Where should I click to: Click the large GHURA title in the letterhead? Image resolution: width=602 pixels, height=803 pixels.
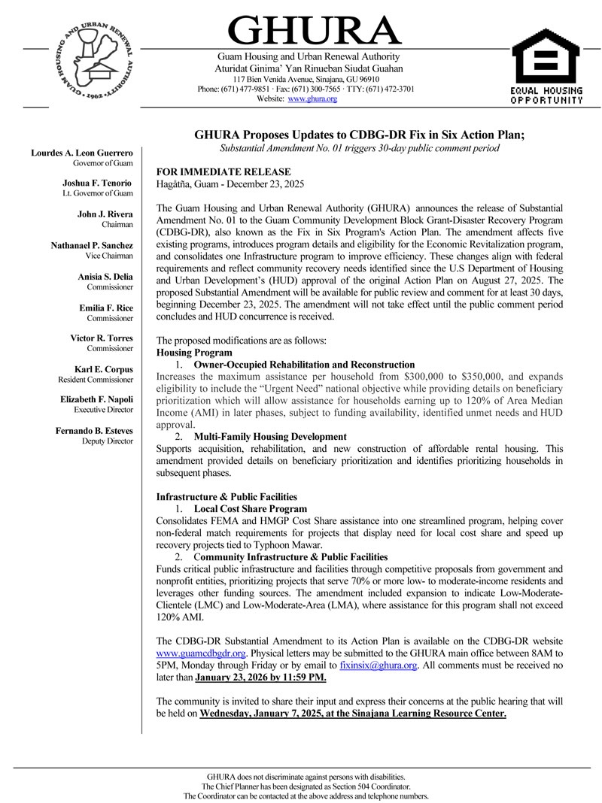coord(315,32)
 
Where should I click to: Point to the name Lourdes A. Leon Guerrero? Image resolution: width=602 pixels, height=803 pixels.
coord(82,153)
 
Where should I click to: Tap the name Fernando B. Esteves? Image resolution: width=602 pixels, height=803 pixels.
coord(94,430)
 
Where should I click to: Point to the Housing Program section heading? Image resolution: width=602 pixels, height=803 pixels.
coord(194,353)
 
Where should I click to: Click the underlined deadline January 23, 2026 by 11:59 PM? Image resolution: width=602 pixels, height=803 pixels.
coord(260,677)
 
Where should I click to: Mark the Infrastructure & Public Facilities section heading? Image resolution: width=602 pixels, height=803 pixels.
coord(226,497)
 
